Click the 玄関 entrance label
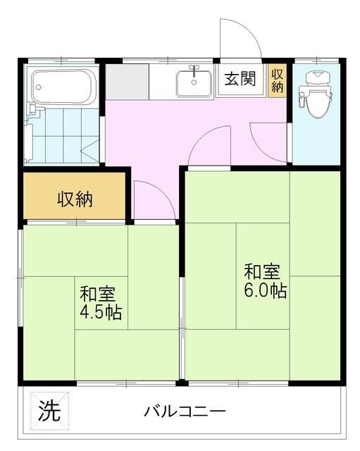coord(240,79)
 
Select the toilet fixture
coord(316,99)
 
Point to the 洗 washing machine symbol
coord(48,409)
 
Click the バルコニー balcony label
coord(185,411)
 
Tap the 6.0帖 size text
coord(264,291)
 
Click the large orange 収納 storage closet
coord(75,199)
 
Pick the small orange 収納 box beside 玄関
coord(277,78)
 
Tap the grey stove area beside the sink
coord(128,82)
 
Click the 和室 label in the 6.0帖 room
coord(262,271)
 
